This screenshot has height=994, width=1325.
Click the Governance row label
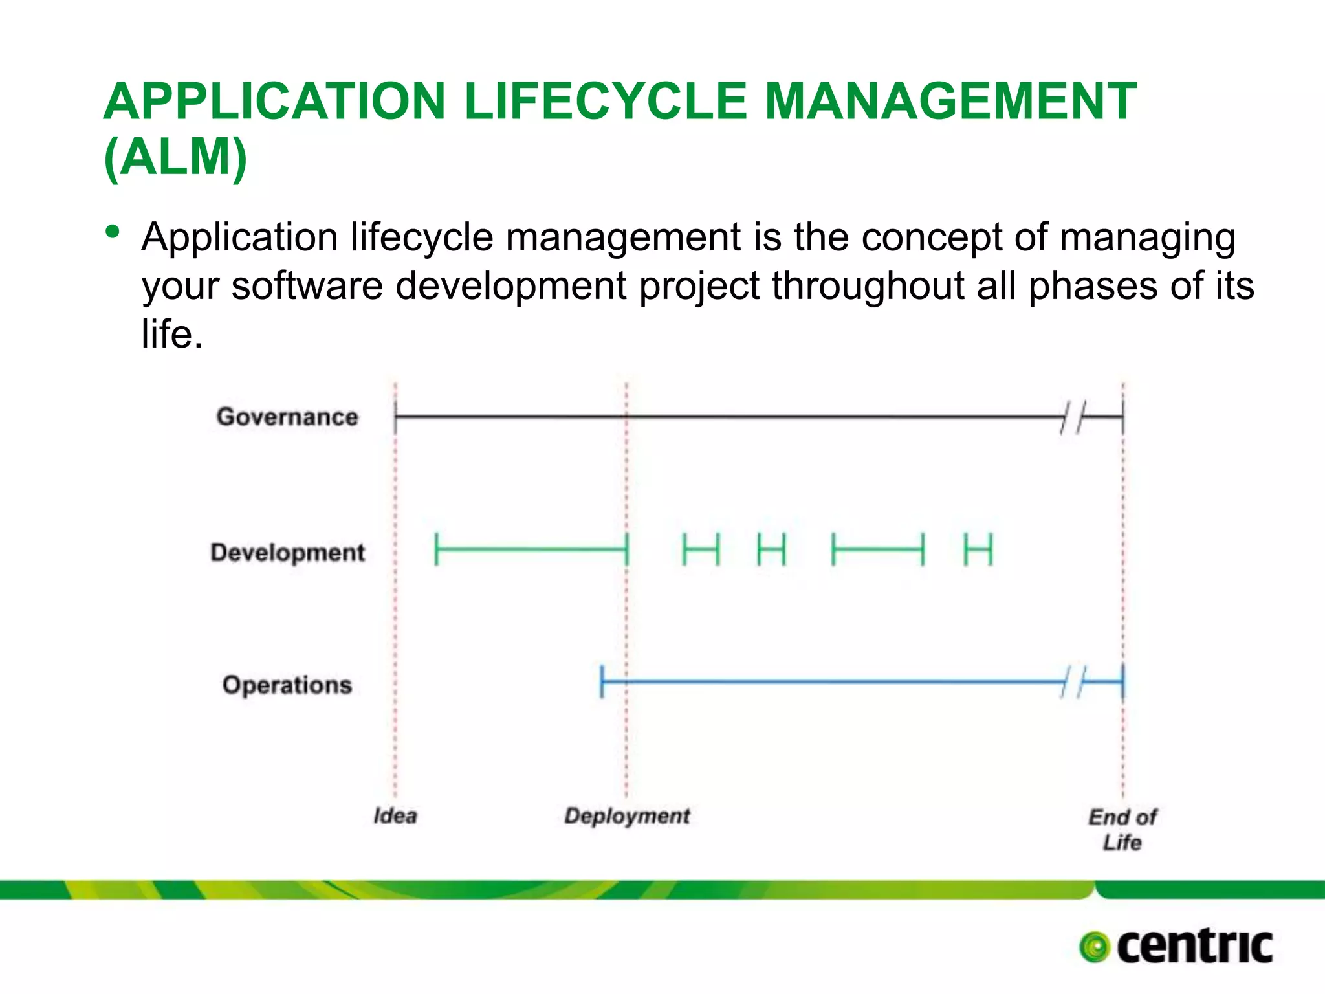(287, 417)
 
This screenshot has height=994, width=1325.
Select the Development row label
(287, 553)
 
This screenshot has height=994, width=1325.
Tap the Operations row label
(287, 685)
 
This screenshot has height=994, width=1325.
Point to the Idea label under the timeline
(395, 815)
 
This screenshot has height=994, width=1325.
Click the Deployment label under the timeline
(627, 815)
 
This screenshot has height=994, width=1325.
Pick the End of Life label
(1122, 830)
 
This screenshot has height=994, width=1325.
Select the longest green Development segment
(531, 549)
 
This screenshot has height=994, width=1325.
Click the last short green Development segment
(978, 549)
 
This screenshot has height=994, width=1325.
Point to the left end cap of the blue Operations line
(602, 681)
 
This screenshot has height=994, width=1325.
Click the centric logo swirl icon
(1095, 947)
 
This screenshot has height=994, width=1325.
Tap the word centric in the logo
(1194, 946)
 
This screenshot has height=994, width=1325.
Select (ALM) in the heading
(175, 157)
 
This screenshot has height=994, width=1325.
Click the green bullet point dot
(113, 232)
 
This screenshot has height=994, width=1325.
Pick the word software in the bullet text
(307, 285)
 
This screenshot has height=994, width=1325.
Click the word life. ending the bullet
(172, 334)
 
